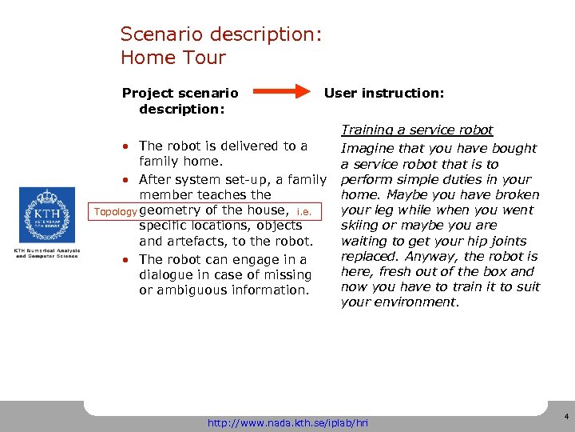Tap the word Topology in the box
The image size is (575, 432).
click(x=113, y=212)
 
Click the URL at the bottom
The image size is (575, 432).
click(x=288, y=421)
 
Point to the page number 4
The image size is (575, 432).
click(x=565, y=418)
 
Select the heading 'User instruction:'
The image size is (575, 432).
click(x=383, y=93)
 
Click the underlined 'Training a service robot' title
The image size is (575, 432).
click(x=417, y=130)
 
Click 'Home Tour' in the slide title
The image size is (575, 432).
click(x=172, y=58)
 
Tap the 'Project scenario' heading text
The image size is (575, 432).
click(x=180, y=93)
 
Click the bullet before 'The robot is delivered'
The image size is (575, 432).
click(x=127, y=146)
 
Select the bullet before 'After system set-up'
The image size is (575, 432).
click(x=127, y=179)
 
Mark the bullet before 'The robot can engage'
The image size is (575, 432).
click(x=127, y=260)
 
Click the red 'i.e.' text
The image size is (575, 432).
click(x=303, y=212)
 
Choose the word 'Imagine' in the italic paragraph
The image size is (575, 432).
click(x=367, y=148)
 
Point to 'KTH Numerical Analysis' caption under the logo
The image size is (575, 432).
click(x=46, y=251)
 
